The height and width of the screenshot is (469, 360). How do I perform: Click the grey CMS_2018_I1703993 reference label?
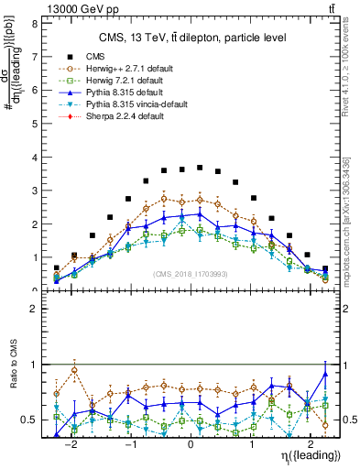[x=191, y=274]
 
